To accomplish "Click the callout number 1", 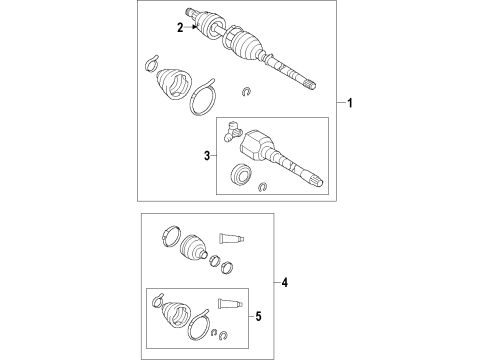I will tap(349, 103).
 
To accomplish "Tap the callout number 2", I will tap(180, 28).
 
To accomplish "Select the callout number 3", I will tap(207, 157).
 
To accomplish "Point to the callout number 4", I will tap(285, 283).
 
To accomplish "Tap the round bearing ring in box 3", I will tap(240, 172).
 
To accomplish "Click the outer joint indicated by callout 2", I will tap(206, 22).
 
